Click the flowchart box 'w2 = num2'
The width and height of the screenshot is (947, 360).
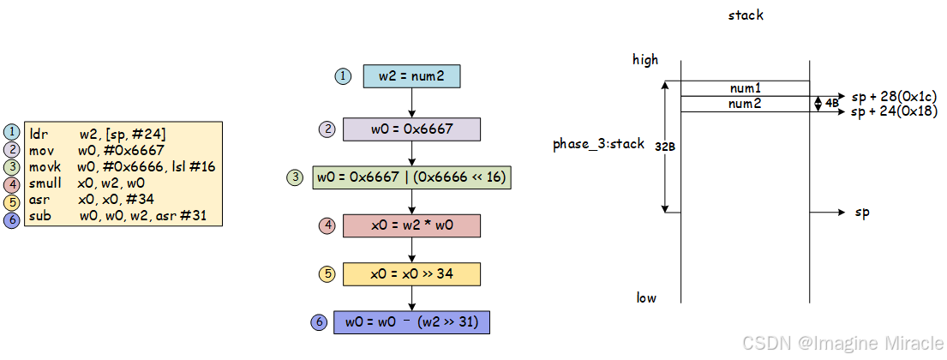pos(411,76)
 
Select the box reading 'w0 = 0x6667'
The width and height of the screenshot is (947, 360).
pos(411,129)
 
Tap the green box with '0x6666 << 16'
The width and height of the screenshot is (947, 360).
pos(411,177)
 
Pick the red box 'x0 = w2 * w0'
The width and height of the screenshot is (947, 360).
pos(411,225)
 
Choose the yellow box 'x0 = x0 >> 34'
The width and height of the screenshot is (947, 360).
pos(411,273)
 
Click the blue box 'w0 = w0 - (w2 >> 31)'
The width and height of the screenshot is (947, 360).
pos(411,322)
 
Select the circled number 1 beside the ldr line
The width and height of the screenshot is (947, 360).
pos(12,133)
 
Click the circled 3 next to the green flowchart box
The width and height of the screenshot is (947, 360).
pos(296,177)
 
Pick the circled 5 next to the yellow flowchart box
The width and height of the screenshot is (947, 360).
pos(327,274)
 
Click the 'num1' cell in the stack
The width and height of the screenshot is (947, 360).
pos(745,88)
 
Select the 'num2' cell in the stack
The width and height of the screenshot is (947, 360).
pos(745,104)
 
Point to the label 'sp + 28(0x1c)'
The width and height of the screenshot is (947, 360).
pos(894,97)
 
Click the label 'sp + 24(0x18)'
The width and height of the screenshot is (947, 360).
pos(894,112)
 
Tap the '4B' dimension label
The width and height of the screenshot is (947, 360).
pos(832,103)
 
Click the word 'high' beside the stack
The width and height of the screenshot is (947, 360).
pos(645,59)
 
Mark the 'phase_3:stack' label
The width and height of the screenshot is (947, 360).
pos(598,144)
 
